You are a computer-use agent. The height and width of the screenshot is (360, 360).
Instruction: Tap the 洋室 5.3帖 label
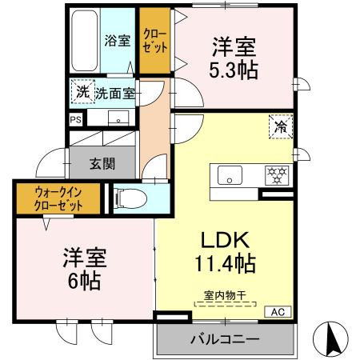pyautogui.click(x=234, y=58)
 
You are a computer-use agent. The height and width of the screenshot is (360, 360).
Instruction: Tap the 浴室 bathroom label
pyautogui.click(x=118, y=41)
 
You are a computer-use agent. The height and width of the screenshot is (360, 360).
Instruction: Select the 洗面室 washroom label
pyautogui.click(x=115, y=93)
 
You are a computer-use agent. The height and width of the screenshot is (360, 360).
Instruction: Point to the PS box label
pyautogui.click(x=75, y=120)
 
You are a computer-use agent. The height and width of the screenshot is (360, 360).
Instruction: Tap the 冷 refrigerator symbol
pyautogui.click(x=281, y=126)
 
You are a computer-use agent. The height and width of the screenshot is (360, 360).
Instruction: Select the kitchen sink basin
pyautogui.click(x=229, y=175)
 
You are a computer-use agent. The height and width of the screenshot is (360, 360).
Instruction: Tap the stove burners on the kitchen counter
pyautogui.click(x=276, y=174)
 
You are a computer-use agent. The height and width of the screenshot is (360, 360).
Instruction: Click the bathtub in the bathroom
pyautogui.click(x=83, y=40)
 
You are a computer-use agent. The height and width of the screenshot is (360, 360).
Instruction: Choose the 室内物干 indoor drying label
pyautogui.click(x=223, y=297)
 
